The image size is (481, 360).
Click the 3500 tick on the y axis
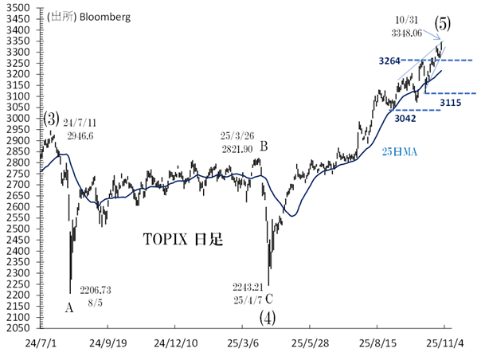pyautogui.click(x=18, y=8)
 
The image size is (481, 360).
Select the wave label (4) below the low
pyautogui.click(x=268, y=317)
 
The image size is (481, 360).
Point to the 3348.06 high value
pyautogui.click(x=407, y=33)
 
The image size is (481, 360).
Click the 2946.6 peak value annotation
pyautogui.click(x=80, y=136)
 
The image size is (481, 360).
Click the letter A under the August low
pyautogui.click(x=70, y=307)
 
